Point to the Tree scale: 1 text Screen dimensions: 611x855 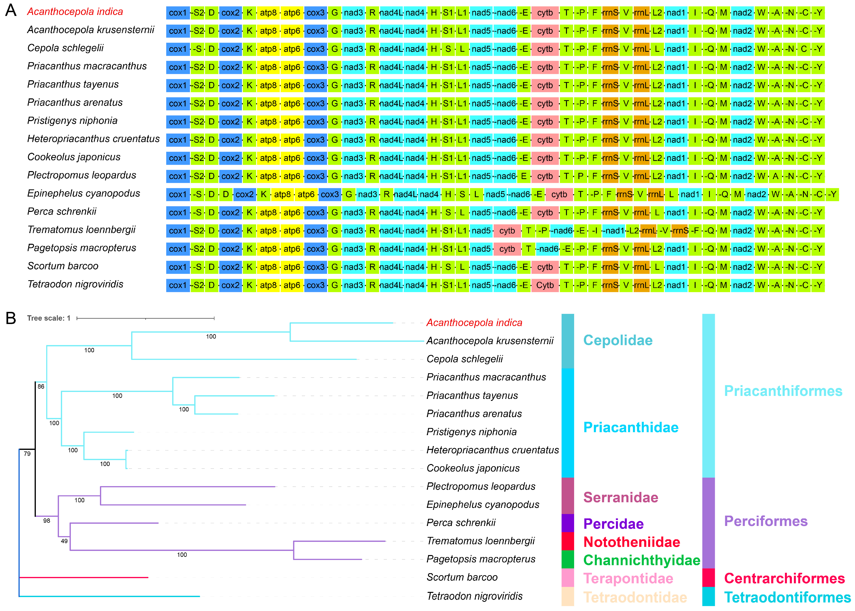pos(49,318)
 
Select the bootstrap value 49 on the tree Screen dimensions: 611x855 pos(64,541)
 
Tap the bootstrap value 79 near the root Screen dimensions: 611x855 pos(27,454)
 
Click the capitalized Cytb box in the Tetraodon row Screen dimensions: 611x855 pos(545,285)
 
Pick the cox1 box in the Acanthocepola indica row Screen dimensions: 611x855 pos(178,13)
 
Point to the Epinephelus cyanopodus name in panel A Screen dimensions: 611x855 pos(83,193)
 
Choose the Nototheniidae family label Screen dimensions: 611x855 pos(632,542)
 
